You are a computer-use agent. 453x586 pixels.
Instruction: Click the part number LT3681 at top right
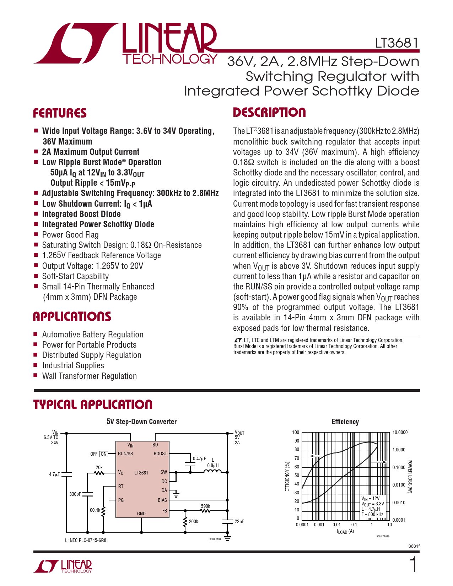tap(397, 43)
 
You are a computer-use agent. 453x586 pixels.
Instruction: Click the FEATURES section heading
tap(60, 113)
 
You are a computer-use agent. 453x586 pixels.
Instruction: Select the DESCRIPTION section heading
tap(269, 113)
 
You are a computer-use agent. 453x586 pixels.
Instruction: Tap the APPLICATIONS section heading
tap(72, 316)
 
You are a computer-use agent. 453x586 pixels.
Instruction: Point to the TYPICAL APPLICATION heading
tap(93, 405)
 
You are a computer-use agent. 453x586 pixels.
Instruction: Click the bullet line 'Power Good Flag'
tap(70, 235)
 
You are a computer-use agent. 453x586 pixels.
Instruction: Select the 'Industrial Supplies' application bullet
tap(73, 365)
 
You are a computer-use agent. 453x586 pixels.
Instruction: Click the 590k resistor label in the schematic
tap(206, 506)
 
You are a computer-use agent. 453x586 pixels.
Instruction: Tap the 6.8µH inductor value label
tap(213, 466)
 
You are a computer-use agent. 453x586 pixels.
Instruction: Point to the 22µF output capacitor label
tap(239, 522)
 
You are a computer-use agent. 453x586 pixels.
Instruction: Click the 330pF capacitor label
tap(75, 494)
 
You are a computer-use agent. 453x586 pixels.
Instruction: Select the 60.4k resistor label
tap(95, 510)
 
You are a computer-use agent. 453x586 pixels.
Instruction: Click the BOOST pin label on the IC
tap(160, 454)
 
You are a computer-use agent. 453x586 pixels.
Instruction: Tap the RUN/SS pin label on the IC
tap(125, 454)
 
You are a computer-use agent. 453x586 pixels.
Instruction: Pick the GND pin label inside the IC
tap(141, 514)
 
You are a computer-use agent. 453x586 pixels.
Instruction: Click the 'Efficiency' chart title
tap(345, 422)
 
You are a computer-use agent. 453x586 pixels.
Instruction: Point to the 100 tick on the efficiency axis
tap(296, 432)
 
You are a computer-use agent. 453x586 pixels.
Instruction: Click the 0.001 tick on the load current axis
tap(319, 525)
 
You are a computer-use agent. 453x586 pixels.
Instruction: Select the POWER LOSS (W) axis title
tap(410, 477)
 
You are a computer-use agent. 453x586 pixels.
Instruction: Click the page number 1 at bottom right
tap(413, 564)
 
